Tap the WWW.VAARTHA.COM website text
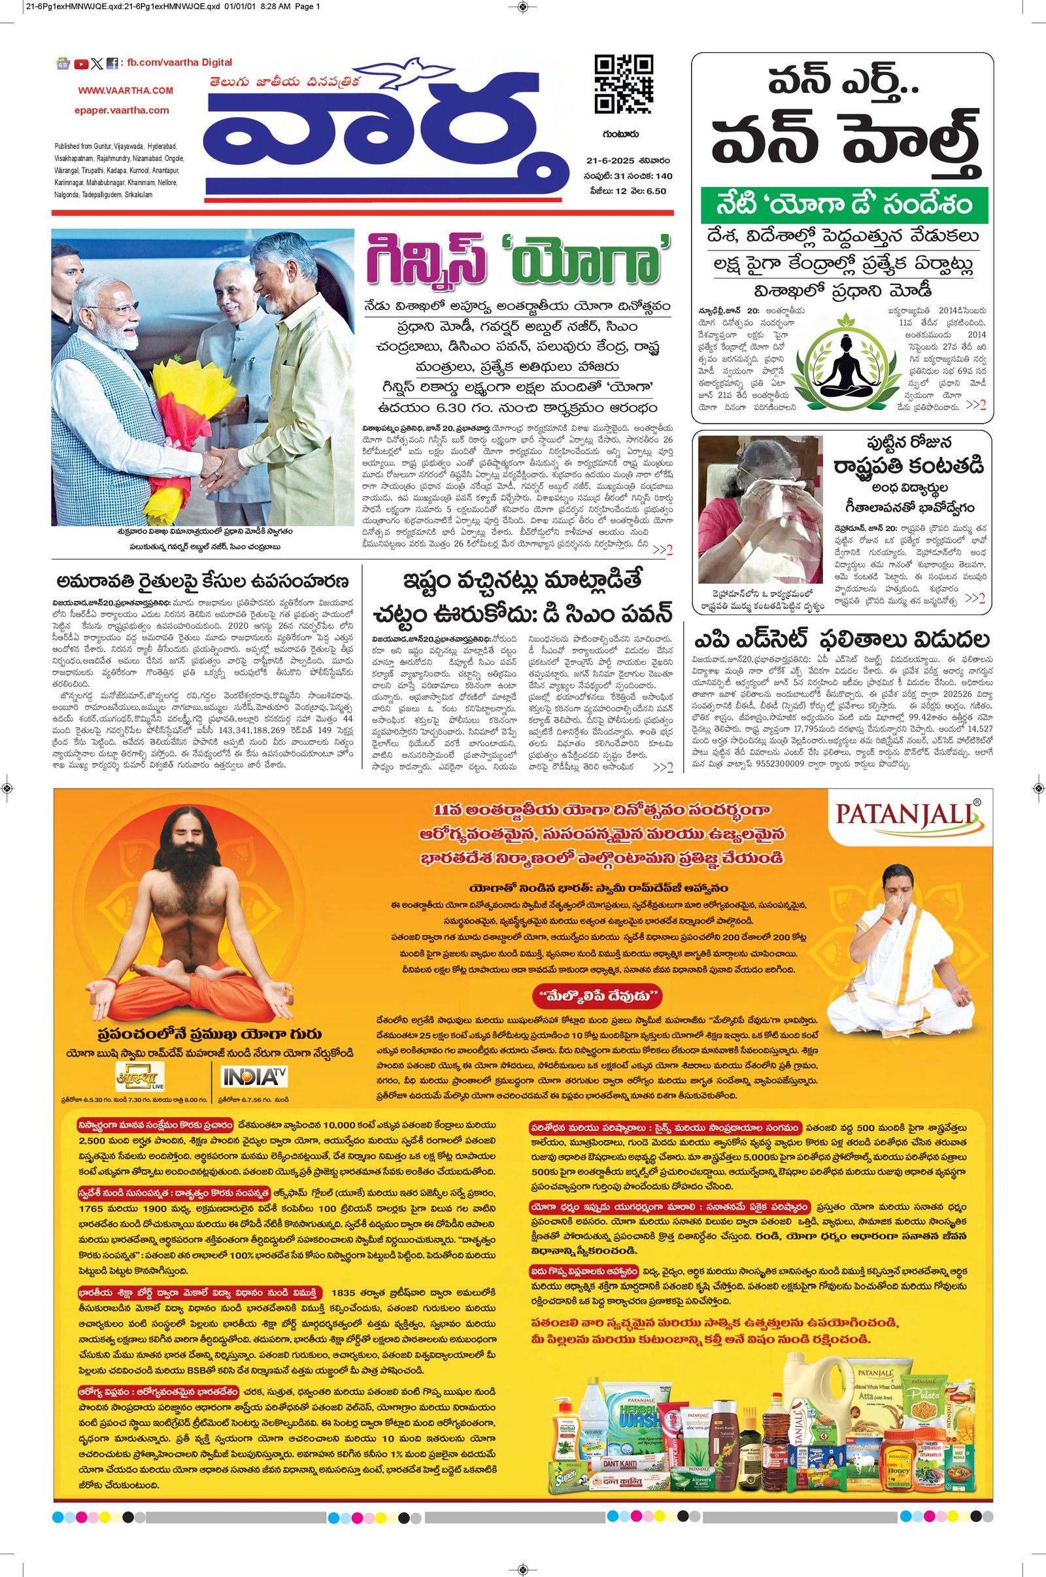126,90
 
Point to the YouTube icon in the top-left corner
81,64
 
